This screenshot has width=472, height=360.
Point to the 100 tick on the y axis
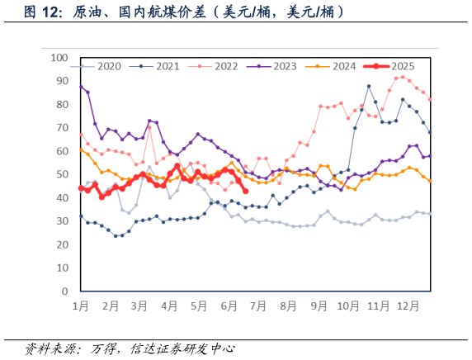point(59,58)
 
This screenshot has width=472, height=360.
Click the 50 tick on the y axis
point(62,175)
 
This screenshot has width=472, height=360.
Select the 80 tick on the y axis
point(62,105)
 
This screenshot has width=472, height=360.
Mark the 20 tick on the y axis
point(62,245)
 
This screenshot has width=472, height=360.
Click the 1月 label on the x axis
point(81,306)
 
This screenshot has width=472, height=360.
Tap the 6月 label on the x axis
point(228,306)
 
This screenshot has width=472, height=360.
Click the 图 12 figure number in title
point(43,12)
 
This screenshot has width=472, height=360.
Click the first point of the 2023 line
point(81,86)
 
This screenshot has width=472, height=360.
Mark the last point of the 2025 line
point(245,192)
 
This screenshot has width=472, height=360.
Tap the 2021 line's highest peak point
point(369,86)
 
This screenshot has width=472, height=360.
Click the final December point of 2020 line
point(430,213)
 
